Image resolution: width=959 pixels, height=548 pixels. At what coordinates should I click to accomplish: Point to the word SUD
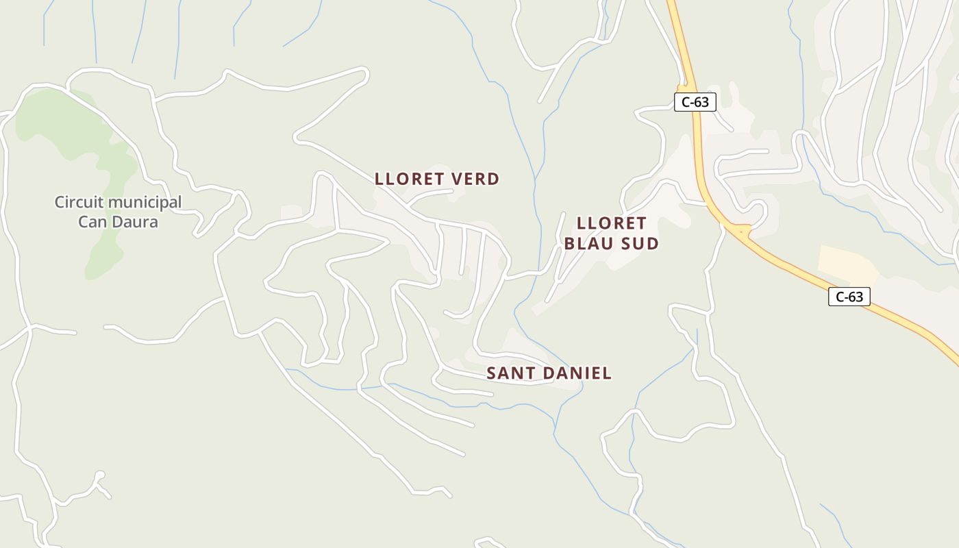point(643,243)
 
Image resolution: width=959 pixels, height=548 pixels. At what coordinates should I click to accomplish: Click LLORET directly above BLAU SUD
point(611,223)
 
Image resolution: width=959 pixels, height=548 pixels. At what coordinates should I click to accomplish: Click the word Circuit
point(79,203)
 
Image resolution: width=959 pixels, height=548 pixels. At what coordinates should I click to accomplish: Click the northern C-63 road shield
point(695,103)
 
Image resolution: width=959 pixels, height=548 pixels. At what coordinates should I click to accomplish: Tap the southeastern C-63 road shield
point(849,297)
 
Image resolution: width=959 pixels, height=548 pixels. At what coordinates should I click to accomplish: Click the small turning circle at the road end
point(100,475)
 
